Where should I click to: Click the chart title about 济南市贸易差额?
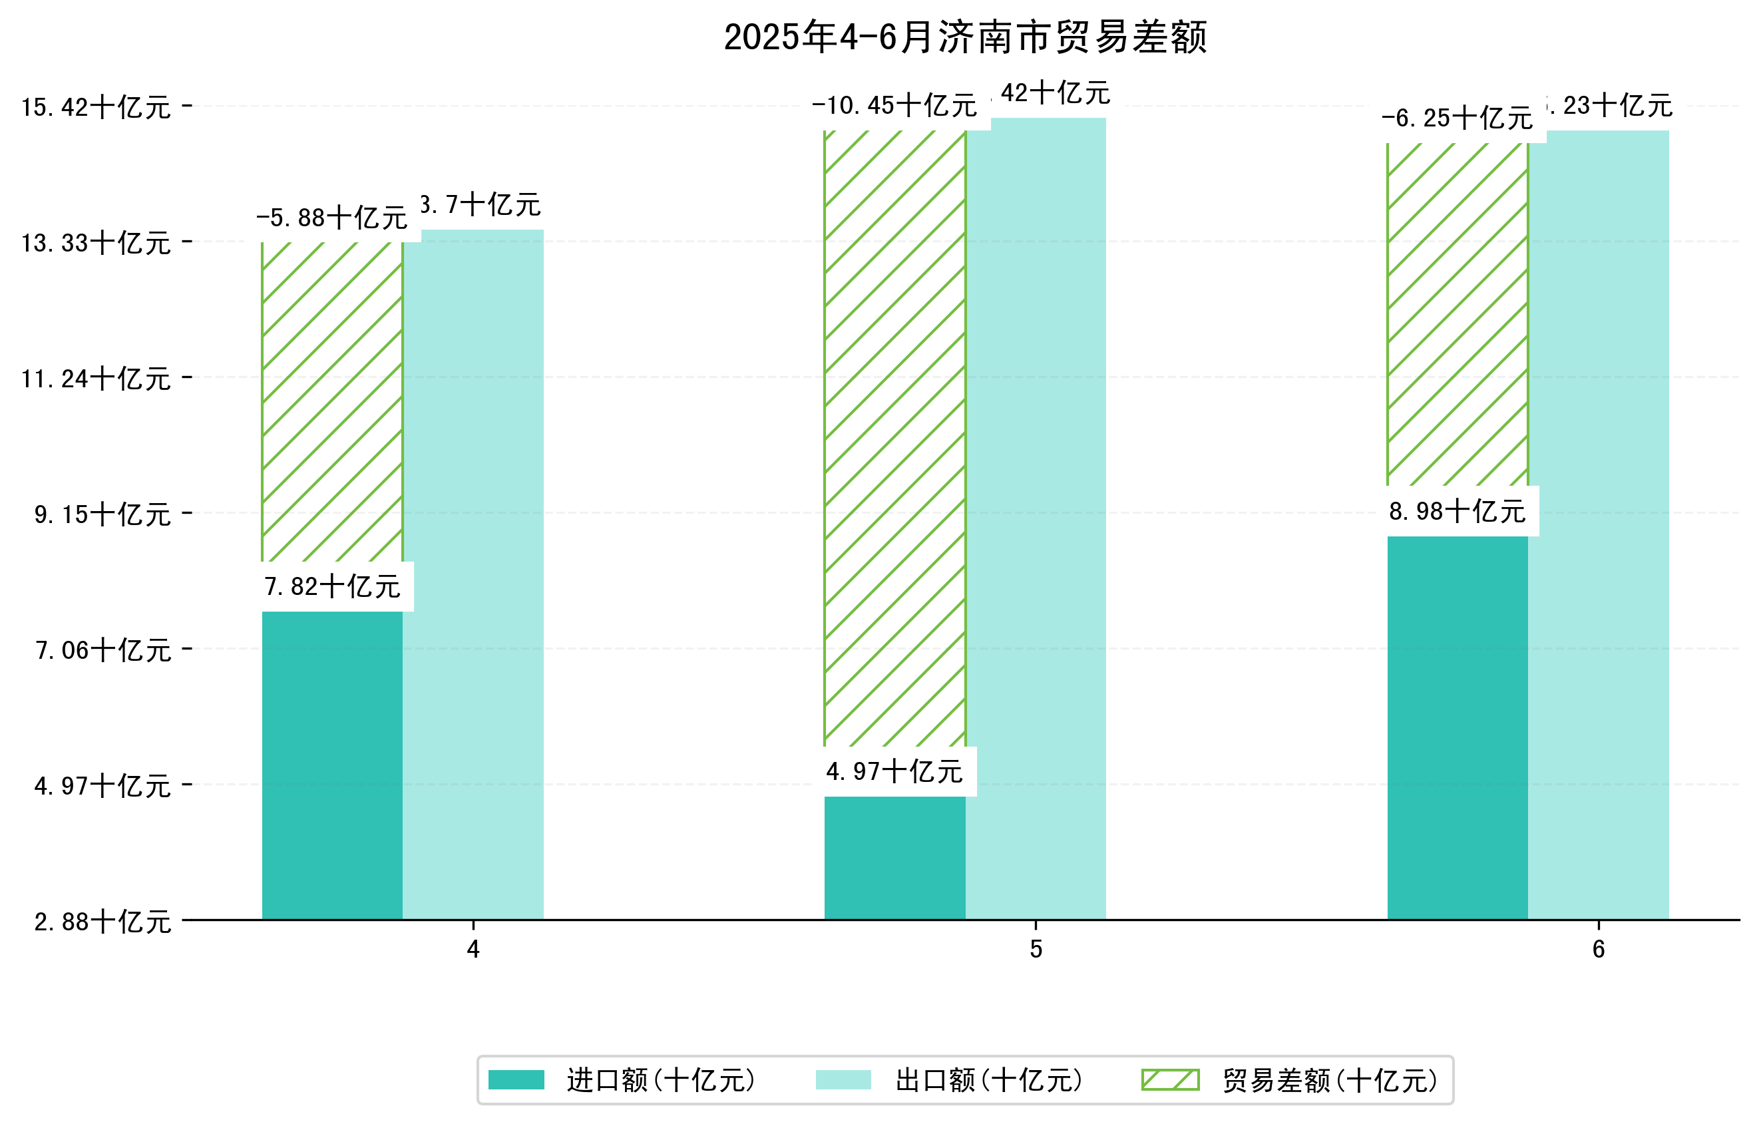click(x=965, y=37)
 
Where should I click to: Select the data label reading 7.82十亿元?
click(x=332, y=586)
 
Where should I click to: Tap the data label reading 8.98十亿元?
click(x=1458, y=511)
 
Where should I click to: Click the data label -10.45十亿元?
click(x=894, y=106)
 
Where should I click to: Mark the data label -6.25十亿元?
click(x=1458, y=118)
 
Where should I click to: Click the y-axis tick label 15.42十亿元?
click(x=96, y=107)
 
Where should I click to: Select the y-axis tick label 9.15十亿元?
click(x=102, y=514)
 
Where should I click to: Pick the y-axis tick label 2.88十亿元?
click(x=102, y=922)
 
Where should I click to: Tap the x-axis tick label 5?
click(x=1036, y=950)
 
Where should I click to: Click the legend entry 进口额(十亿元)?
click(x=660, y=1080)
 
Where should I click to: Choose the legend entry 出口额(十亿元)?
click(x=988, y=1080)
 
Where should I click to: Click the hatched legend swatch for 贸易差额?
click(x=1170, y=1080)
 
